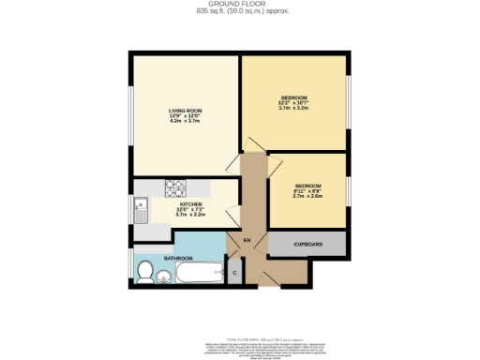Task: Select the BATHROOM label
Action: point(178,258)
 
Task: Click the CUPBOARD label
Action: point(307,245)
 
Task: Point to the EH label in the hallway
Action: point(247,242)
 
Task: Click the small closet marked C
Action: point(234,272)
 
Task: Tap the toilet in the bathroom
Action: point(145,272)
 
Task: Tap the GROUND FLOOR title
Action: point(240,4)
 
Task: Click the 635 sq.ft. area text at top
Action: point(240,11)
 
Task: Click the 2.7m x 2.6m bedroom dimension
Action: point(307,198)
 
